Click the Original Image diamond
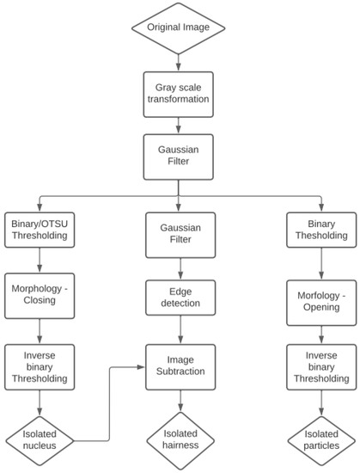(179, 28)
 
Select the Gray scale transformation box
(179, 93)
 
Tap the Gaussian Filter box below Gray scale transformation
(179, 154)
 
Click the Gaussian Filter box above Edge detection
(179, 232)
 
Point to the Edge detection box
(179, 297)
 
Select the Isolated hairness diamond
(179, 439)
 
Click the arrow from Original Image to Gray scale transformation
(179, 59)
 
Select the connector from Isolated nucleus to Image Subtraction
(110, 396)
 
